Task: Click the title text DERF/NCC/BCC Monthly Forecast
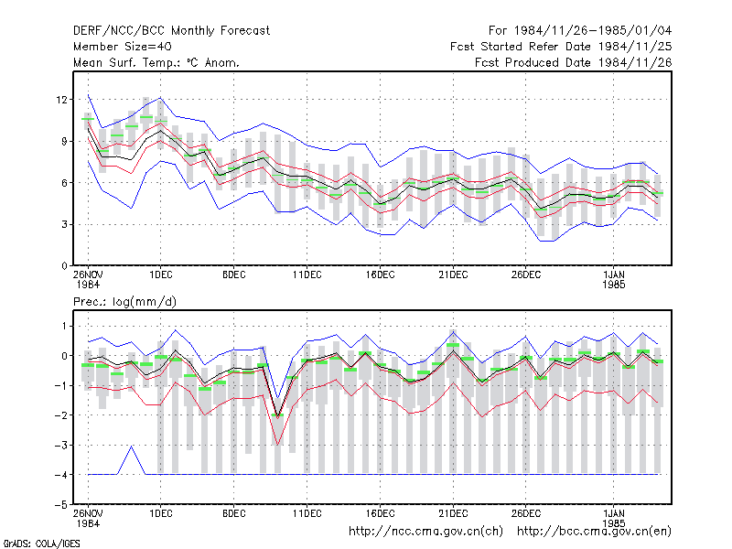(171, 31)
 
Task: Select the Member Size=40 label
(123, 47)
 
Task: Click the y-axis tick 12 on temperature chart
(61, 100)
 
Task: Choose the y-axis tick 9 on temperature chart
(64, 141)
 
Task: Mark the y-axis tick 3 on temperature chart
(64, 224)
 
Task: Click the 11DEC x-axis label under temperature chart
(307, 274)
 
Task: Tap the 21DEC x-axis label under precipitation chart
(453, 513)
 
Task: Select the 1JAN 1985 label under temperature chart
(613, 279)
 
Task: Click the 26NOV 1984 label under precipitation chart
(88, 518)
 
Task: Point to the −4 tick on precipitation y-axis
(61, 475)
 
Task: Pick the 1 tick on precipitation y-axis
(64, 326)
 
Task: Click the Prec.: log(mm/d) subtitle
(124, 302)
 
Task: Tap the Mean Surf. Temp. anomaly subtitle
(156, 62)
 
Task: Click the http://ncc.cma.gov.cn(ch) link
(425, 532)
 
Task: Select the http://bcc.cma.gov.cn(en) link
(594, 532)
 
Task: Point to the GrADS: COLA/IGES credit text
(41, 544)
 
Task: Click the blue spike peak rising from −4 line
(132, 447)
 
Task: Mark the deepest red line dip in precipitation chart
(278, 445)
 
